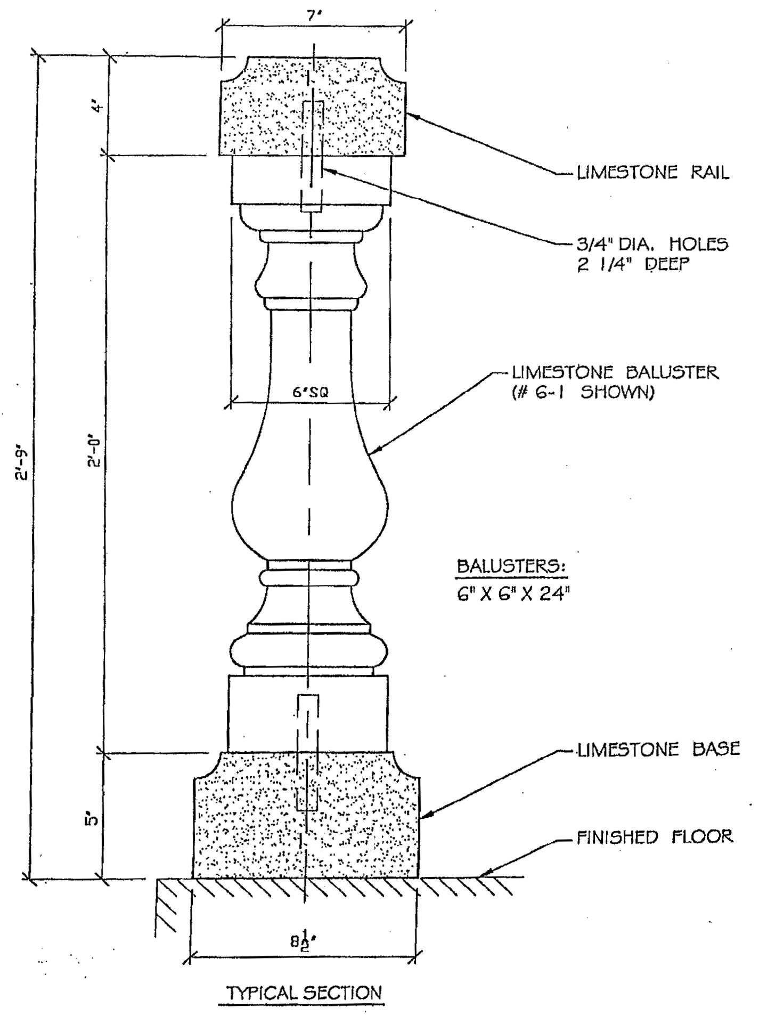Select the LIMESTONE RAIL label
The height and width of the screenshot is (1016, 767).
(x=653, y=172)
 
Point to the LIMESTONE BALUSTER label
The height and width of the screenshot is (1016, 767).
(x=615, y=372)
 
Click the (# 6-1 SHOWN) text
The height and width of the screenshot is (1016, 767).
(x=582, y=393)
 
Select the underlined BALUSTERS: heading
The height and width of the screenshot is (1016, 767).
(x=511, y=566)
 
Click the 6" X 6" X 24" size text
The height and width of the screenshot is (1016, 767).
(x=510, y=594)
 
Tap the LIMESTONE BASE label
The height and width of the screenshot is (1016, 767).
(x=659, y=749)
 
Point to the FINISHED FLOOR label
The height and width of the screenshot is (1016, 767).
(x=655, y=836)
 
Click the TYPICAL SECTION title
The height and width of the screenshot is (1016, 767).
(x=305, y=993)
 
